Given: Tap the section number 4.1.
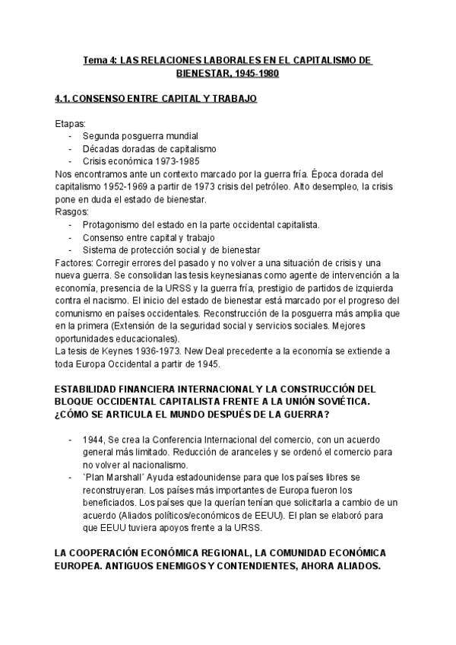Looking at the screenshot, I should pyautogui.click(x=65, y=99).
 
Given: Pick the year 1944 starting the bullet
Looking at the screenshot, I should pyautogui.click(x=95, y=440).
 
